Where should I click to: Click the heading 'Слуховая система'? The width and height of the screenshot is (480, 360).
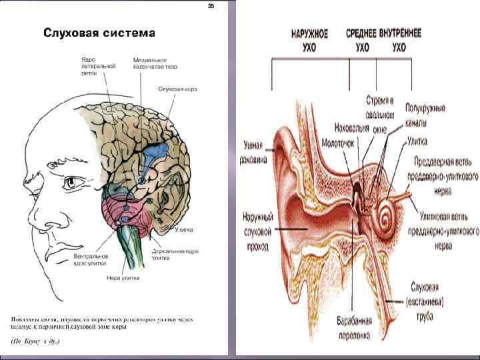(99, 33)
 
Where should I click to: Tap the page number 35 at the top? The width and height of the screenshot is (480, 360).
(211, 6)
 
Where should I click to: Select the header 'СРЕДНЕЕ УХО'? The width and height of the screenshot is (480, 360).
(362, 41)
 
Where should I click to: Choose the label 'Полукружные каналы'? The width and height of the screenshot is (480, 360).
(425, 115)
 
